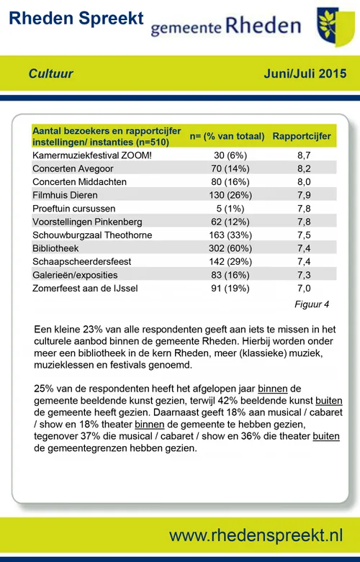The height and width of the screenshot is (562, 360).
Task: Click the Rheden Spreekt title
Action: point(77,19)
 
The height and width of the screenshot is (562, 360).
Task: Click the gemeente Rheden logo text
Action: point(225,27)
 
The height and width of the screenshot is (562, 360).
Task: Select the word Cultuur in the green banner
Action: point(51,73)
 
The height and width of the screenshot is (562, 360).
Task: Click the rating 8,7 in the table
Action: point(302,155)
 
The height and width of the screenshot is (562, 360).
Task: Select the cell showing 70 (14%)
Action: point(227,168)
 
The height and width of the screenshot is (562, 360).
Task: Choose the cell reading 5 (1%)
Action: point(227,209)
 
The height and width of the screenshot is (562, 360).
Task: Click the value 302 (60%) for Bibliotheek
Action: point(227,248)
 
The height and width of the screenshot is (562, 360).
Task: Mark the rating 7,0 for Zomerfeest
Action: point(302,289)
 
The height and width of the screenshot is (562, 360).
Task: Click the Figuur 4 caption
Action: point(312,304)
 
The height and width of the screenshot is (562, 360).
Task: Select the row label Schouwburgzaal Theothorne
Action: point(91,235)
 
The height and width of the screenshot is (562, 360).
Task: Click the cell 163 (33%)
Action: point(227,235)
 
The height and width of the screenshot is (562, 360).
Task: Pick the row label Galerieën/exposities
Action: point(75,275)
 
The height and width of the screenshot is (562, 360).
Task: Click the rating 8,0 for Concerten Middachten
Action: point(302,181)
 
